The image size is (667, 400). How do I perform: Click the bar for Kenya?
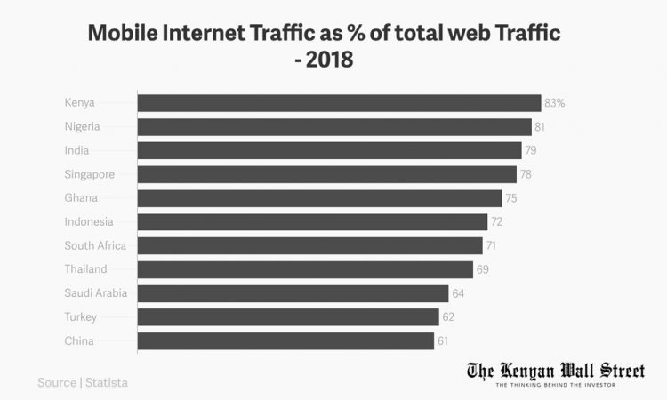339,102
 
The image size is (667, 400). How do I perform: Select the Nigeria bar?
334,126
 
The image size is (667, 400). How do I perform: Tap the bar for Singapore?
327,174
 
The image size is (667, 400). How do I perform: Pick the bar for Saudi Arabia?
293,293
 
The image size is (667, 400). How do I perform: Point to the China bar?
285,341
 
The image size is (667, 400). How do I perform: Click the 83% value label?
555,103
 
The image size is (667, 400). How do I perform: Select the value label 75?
511,198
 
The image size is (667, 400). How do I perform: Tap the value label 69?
482,269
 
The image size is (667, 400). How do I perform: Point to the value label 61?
443,341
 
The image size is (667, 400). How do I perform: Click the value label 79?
531,150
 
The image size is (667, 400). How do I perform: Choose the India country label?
76,150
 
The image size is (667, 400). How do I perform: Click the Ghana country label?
81,198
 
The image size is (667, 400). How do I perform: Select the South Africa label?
95,245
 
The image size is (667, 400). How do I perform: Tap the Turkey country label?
80,317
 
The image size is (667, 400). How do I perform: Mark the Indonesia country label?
89,221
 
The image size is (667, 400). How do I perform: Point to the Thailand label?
85,269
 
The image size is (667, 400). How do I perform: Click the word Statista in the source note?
107,383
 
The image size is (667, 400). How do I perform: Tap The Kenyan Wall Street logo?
556,373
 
